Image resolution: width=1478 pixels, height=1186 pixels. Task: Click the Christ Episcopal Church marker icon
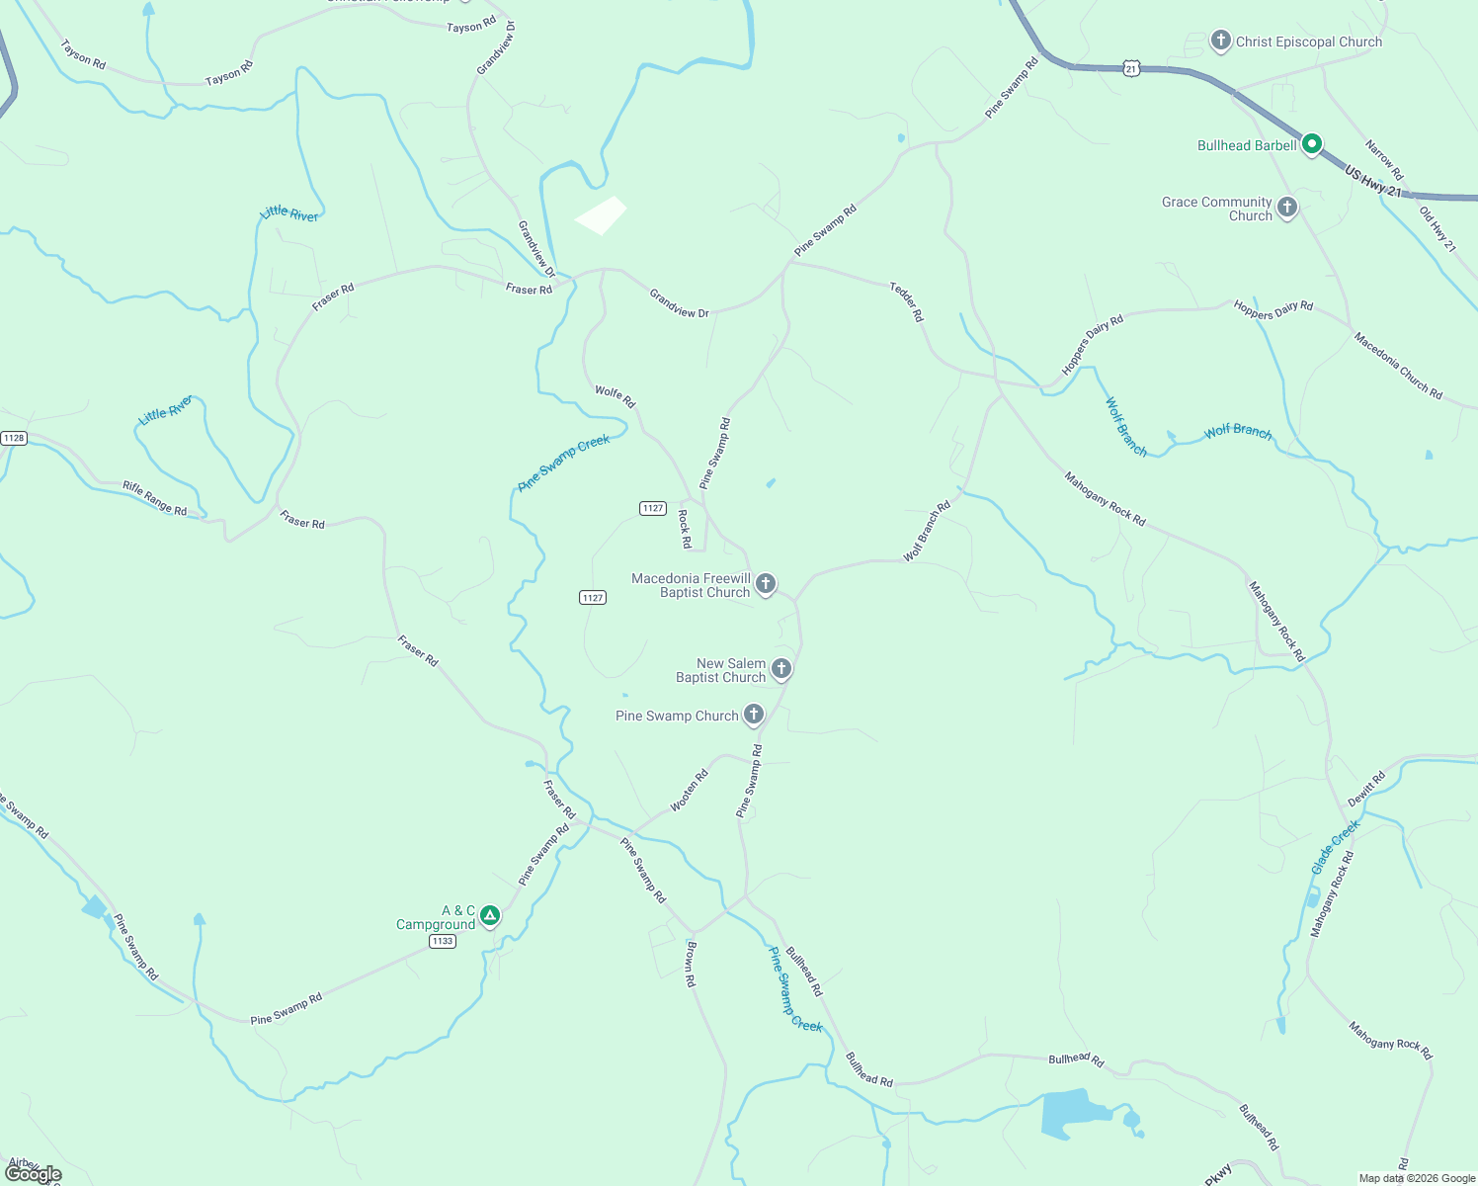(x=1220, y=41)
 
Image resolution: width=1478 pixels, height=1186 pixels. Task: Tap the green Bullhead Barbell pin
(x=1311, y=144)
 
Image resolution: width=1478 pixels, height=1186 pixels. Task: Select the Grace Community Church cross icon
(x=1286, y=208)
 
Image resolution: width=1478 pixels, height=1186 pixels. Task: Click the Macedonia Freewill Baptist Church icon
(x=765, y=584)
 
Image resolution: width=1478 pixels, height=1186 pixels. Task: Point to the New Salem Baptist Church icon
(x=780, y=669)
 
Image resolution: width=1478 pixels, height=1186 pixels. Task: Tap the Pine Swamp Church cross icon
(x=753, y=715)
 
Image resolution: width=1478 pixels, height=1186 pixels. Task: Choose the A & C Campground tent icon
(x=489, y=916)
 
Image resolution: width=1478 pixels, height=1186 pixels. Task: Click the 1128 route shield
(x=13, y=438)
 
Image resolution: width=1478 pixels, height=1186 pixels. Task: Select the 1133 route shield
(x=443, y=941)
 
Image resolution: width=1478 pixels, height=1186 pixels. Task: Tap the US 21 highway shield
(x=1131, y=68)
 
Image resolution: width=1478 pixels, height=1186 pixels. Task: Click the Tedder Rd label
(x=906, y=301)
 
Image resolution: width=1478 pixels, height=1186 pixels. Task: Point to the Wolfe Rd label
(x=615, y=397)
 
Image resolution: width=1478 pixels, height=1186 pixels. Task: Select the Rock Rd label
(x=684, y=529)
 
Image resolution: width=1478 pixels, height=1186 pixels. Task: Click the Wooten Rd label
(x=690, y=791)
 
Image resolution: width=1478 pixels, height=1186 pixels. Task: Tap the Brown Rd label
(x=690, y=964)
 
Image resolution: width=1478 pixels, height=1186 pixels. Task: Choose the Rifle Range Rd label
(x=154, y=498)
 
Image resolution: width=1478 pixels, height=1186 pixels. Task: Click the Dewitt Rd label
(x=1366, y=789)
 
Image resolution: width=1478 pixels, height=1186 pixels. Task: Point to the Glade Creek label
(x=1335, y=846)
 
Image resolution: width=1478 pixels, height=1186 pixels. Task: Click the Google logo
(x=33, y=1174)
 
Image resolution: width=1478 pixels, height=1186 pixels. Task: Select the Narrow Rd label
(x=1383, y=160)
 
